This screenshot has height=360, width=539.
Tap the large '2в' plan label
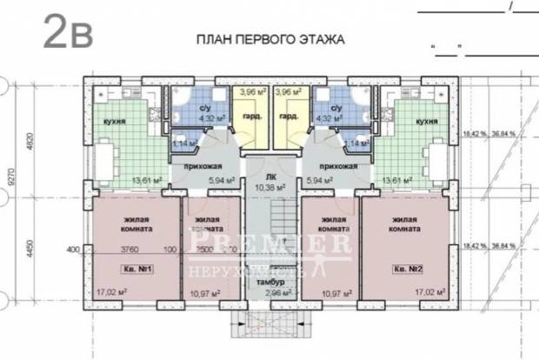click(x=65, y=34)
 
